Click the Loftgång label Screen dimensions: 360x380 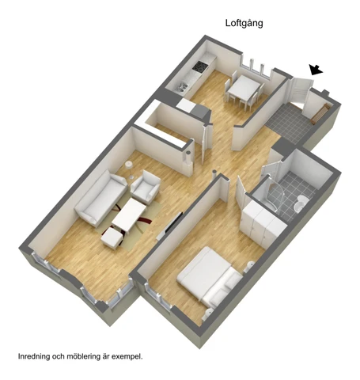(244, 24)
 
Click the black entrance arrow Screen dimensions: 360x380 (316, 70)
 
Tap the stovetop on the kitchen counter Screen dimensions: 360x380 (199, 66)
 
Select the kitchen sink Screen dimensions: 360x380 (181, 87)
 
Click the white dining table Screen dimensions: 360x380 (244, 87)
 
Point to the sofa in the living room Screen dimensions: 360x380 (101, 198)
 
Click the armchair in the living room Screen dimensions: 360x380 (146, 187)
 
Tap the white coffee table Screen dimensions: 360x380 (129, 215)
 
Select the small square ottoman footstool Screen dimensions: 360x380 (112, 237)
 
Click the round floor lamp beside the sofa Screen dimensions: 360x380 (129, 169)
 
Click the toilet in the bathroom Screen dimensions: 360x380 (301, 203)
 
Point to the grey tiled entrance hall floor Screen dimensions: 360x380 (290, 123)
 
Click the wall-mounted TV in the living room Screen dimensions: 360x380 (171, 225)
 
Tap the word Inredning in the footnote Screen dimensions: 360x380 (34, 357)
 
